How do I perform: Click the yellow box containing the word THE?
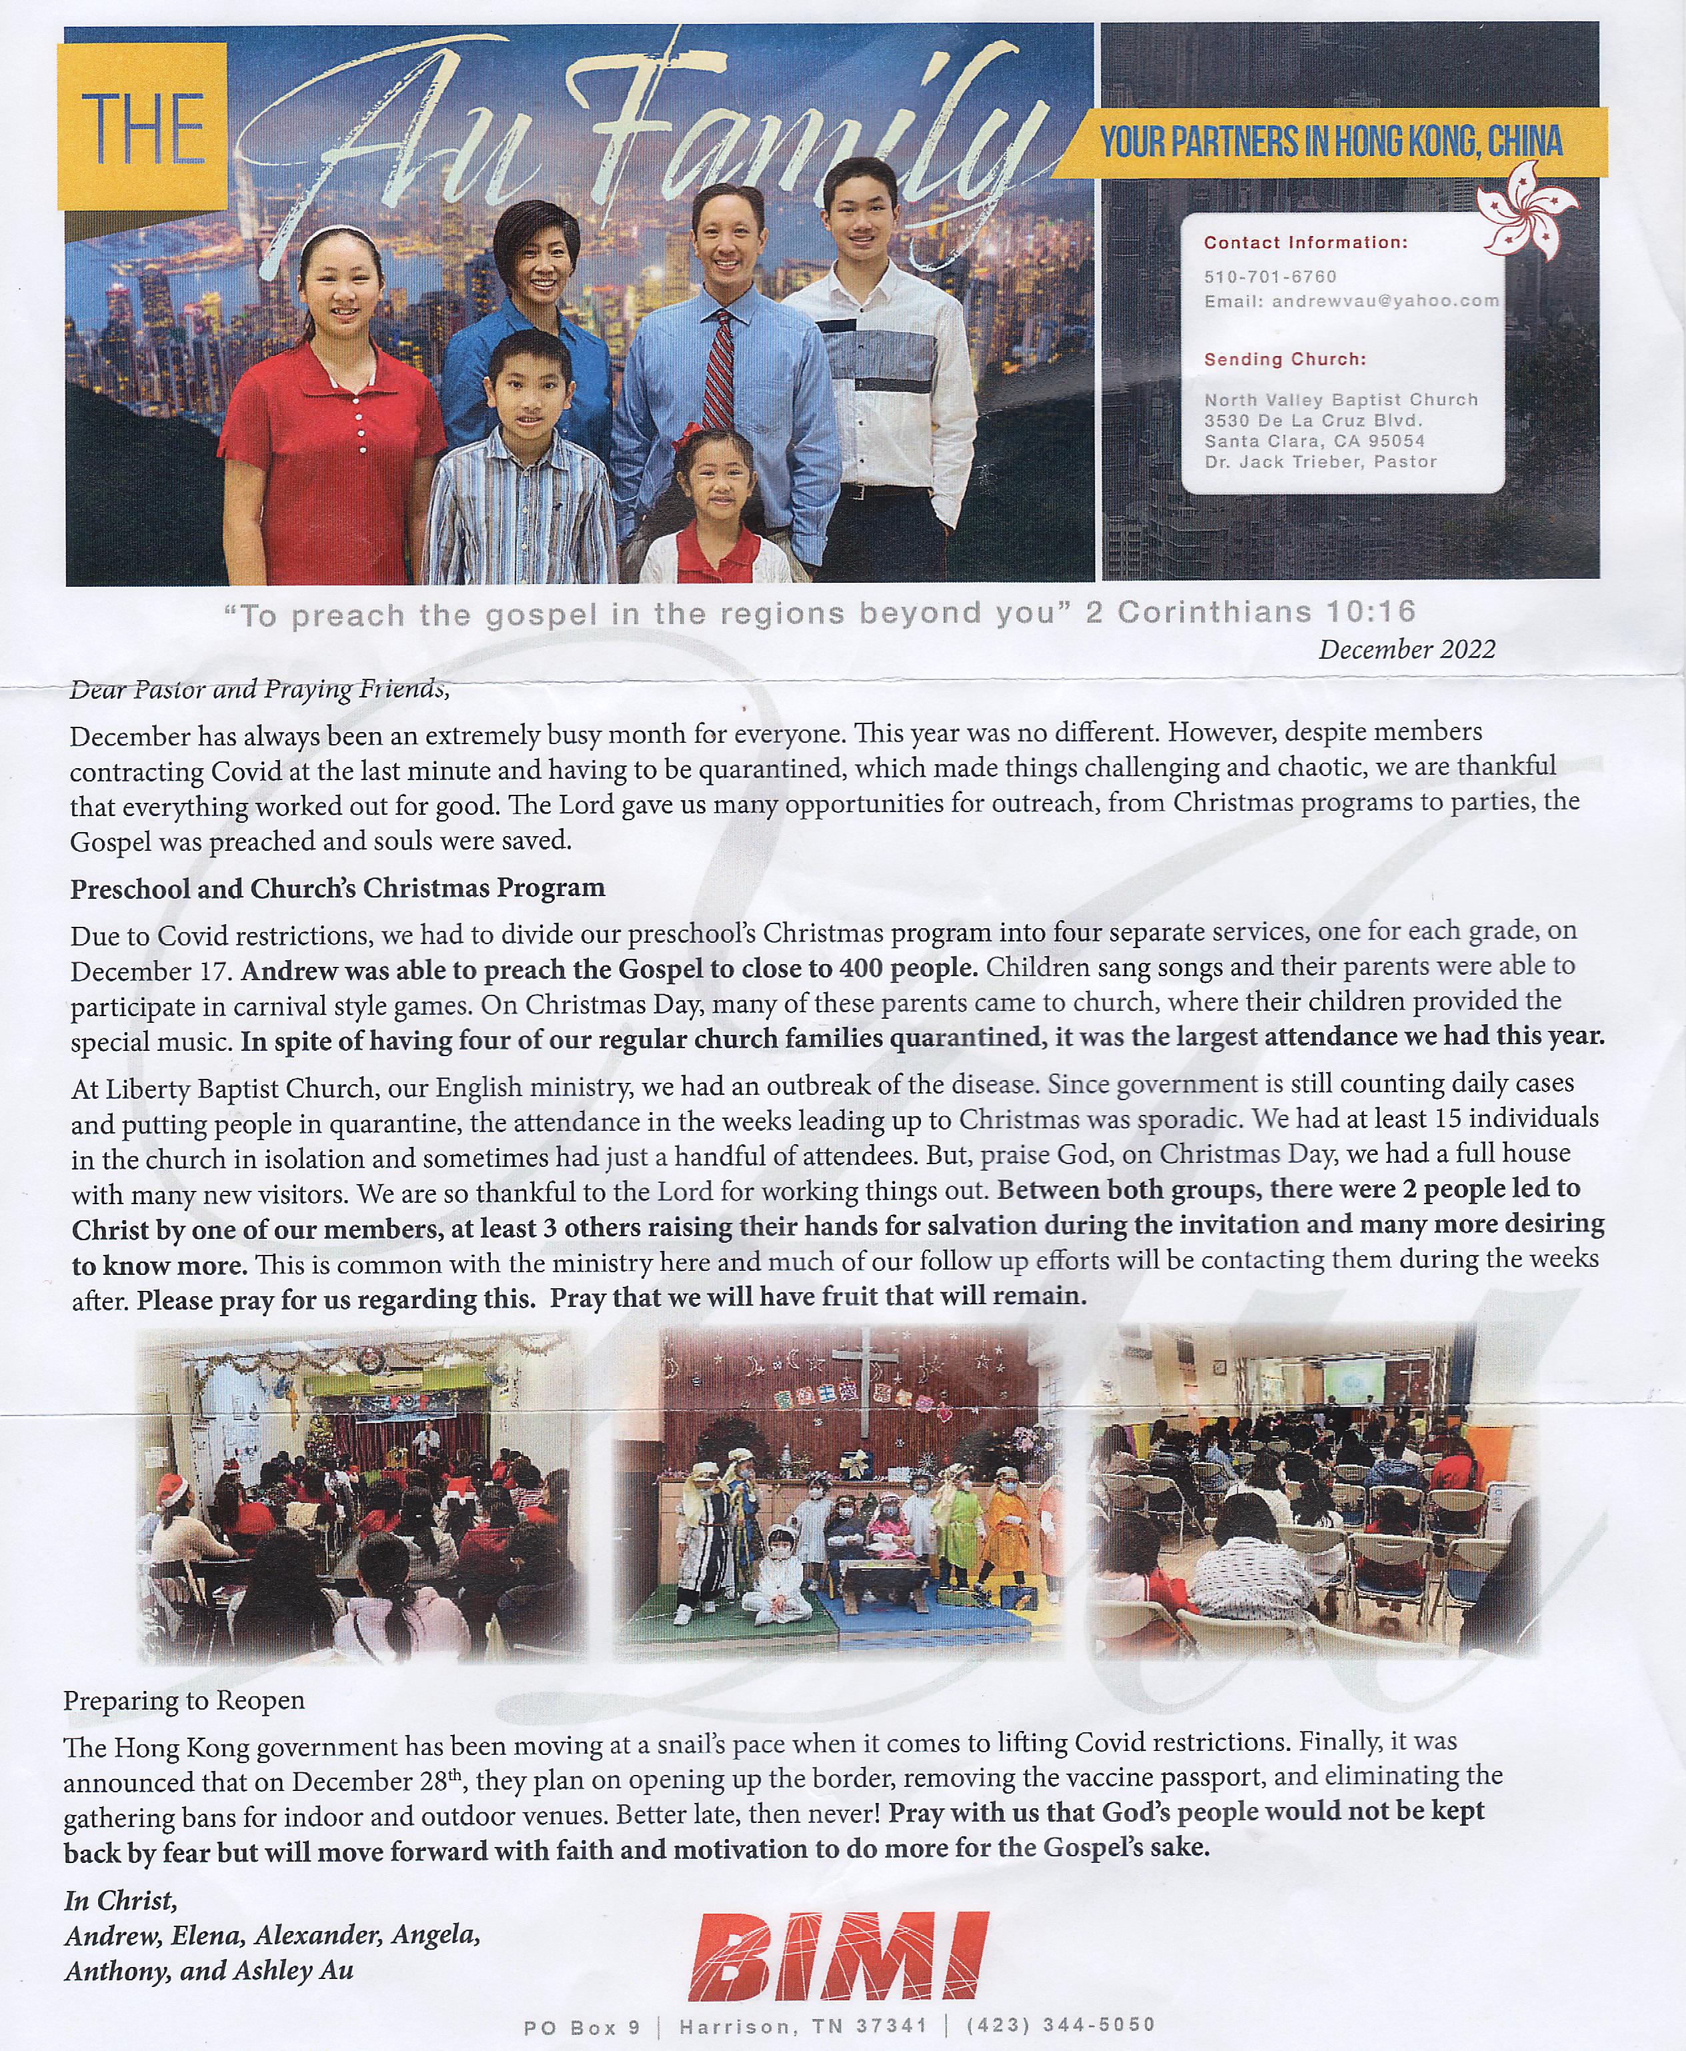(x=143, y=126)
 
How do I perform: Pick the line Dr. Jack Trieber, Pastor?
(x=1320, y=462)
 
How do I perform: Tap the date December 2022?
(x=1407, y=649)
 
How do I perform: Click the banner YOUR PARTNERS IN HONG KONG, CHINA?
(x=1330, y=143)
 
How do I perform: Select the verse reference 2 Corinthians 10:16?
(x=1250, y=612)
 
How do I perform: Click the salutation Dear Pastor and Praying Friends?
(x=259, y=689)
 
